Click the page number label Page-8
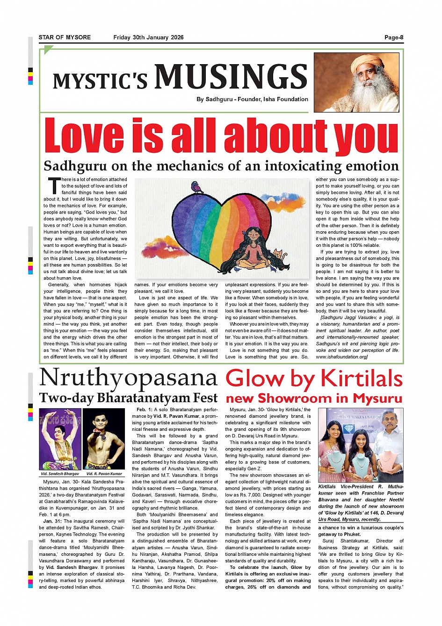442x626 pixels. pyautogui.click(x=394, y=37)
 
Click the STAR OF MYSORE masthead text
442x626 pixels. pyautogui.click(x=65, y=37)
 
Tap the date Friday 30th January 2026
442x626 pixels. pyautogui.click(x=148, y=37)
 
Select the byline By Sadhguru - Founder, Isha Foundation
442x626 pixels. pyautogui.click(x=253, y=99)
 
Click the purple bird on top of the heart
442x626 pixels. pyautogui.click(x=197, y=188)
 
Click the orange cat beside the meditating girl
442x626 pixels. pyautogui.click(x=279, y=258)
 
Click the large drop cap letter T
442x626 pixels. pyautogui.click(x=54, y=185)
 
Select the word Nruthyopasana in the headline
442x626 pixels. pyautogui.click(x=128, y=379)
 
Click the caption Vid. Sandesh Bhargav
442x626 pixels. pyautogui.click(x=59, y=474)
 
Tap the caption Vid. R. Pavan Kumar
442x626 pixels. pyautogui.click(x=104, y=474)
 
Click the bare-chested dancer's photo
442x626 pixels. pyautogui.click(x=103, y=439)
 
